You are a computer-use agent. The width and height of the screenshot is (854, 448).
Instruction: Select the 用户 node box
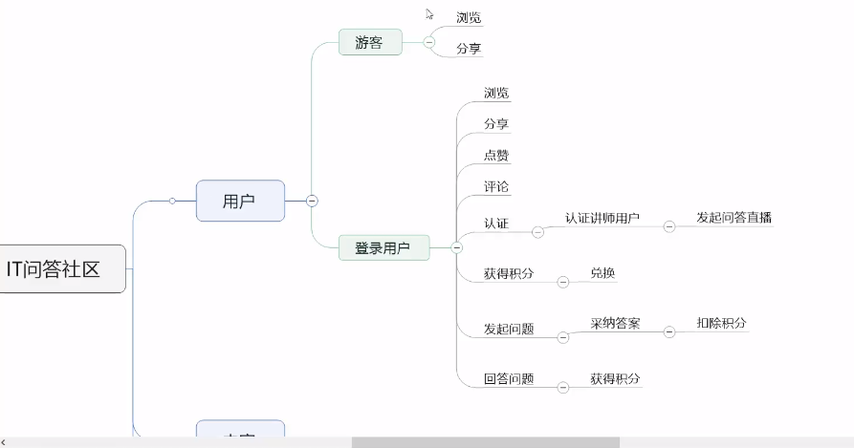[240, 201]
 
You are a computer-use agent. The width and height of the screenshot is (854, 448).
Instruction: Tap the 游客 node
[369, 42]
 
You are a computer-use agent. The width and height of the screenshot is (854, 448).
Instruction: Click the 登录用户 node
[383, 248]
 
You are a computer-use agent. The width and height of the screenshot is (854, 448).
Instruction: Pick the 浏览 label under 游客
[469, 18]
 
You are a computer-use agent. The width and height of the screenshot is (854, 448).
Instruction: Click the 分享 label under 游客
[469, 48]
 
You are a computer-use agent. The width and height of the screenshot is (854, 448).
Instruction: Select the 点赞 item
[496, 155]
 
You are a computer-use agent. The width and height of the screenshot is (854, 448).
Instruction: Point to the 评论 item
[496, 185]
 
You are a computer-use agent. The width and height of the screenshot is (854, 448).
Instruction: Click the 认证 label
[496, 224]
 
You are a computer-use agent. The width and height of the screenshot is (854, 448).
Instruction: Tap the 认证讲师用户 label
[602, 218]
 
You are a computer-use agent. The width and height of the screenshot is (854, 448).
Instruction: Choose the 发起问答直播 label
[734, 218]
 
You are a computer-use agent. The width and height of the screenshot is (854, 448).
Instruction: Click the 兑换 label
[602, 273]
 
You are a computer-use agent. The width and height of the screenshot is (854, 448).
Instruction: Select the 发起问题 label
[509, 330]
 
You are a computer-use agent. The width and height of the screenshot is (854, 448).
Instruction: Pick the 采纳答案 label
[615, 324]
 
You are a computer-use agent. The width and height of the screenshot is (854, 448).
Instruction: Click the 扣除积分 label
[721, 324]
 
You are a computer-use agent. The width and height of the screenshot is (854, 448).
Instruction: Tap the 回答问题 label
[509, 379]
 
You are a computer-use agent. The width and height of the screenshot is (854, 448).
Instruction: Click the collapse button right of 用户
[312, 201]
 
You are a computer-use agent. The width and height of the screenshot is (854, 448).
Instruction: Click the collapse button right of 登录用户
[456, 248]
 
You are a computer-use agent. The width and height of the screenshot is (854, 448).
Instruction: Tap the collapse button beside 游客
[428, 42]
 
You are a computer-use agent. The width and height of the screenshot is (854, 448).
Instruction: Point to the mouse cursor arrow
[429, 14]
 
